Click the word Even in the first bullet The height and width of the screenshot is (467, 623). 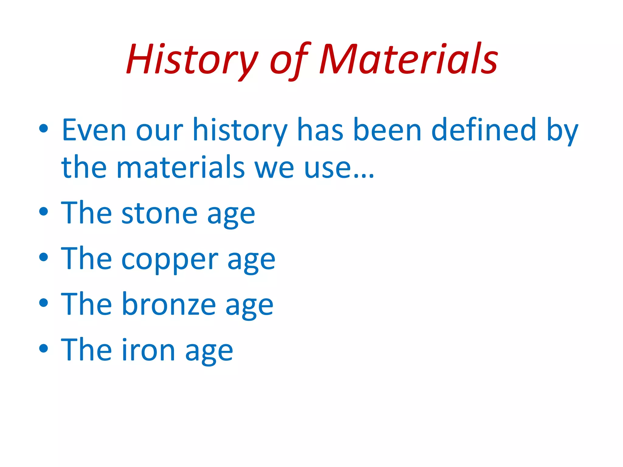[x=94, y=130]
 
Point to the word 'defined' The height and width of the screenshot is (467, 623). [x=484, y=130]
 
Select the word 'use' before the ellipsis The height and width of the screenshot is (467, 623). [x=327, y=169]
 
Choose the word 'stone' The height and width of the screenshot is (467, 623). [x=159, y=214]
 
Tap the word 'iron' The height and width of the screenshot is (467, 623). [x=148, y=351]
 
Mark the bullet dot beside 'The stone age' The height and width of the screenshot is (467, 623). [x=44, y=212]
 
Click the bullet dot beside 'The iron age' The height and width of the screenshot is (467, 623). [x=44, y=348]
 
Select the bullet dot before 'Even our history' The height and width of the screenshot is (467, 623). [x=44, y=129]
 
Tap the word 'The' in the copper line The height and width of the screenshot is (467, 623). [x=87, y=259]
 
